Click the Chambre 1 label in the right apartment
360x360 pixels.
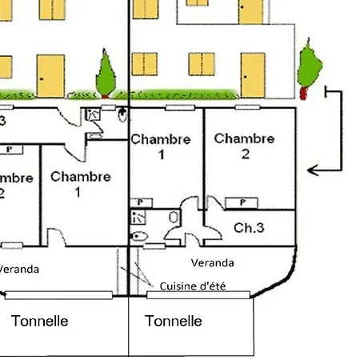click(x=161, y=146)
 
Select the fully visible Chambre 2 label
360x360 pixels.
click(x=244, y=146)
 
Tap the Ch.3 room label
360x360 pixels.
click(x=250, y=228)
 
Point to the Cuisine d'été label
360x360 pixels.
click(x=193, y=286)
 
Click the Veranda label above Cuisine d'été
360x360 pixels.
click(x=213, y=262)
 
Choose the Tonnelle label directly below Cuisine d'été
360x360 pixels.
click(x=174, y=322)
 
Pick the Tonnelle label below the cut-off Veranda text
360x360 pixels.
click(x=40, y=322)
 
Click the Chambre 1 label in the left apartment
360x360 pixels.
click(x=80, y=184)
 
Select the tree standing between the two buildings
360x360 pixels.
click(x=105, y=72)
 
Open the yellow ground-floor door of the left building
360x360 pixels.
click(x=50, y=76)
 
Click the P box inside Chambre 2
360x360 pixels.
click(x=241, y=202)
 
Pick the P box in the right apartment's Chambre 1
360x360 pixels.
click(x=142, y=202)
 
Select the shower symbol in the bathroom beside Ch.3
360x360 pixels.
click(x=139, y=217)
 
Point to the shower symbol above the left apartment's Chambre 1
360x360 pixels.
click(x=94, y=115)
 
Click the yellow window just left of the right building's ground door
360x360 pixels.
click(x=202, y=64)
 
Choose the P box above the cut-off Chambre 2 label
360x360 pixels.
click(x=10, y=149)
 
